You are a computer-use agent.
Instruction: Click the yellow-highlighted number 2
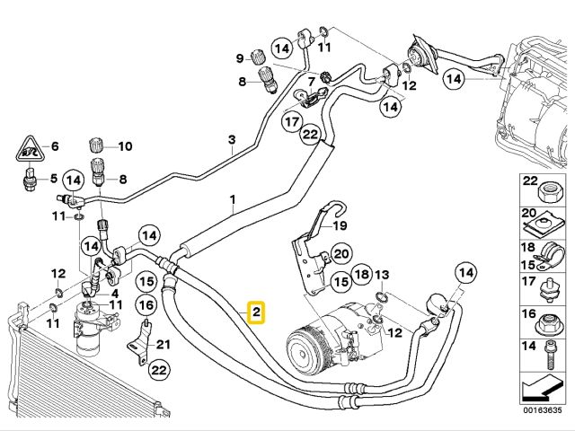[256, 312]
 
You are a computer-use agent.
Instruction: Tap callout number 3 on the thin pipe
[231, 139]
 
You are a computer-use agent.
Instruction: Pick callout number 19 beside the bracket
[341, 226]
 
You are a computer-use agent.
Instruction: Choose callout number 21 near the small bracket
[163, 346]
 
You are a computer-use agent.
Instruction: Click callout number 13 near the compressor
[381, 274]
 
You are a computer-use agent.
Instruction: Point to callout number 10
[125, 146]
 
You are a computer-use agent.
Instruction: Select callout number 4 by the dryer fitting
[114, 293]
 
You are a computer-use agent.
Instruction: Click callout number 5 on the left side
[53, 177]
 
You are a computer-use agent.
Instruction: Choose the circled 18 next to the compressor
[361, 275]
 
